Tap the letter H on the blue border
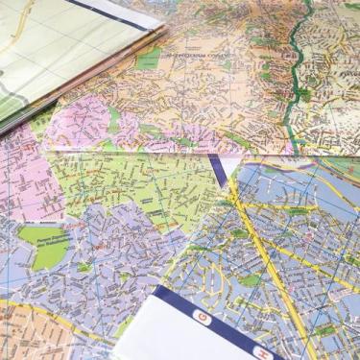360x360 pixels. [260, 352]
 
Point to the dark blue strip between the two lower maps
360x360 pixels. [219, 171]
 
